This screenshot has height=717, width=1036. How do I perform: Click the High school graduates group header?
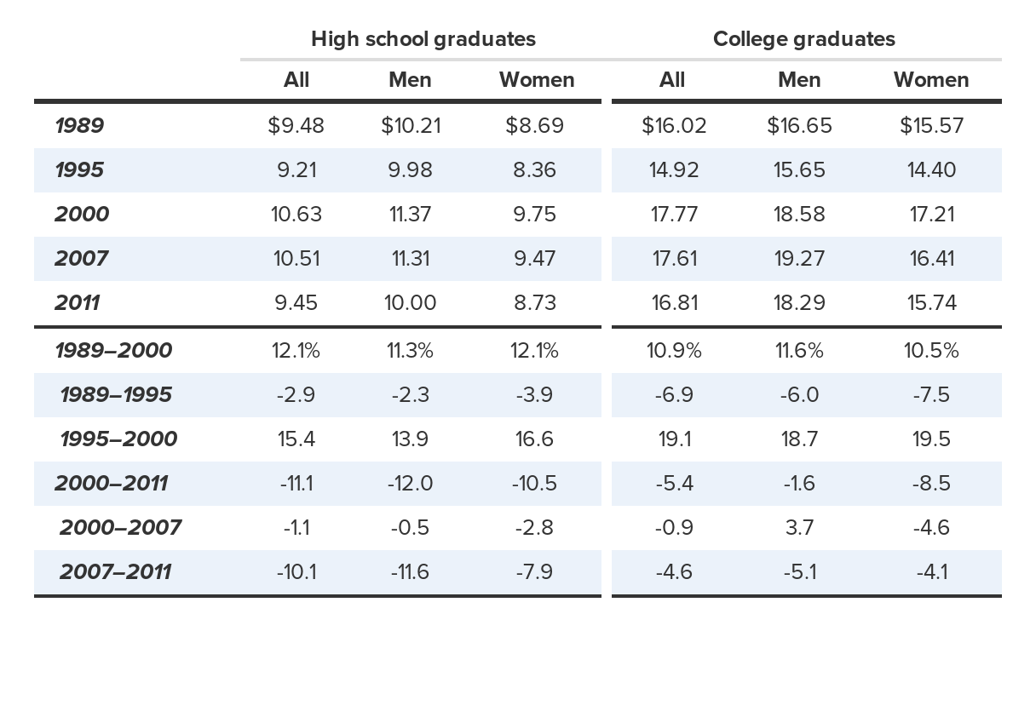point(423,39)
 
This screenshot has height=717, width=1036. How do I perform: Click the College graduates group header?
point(803,39)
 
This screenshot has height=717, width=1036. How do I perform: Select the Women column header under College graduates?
point(930,80)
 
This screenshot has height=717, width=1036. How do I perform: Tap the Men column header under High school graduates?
point(410,80)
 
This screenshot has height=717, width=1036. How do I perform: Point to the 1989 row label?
point(79,126)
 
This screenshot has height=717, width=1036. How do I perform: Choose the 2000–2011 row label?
point(111,484)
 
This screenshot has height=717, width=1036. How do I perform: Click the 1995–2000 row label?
point(118,439)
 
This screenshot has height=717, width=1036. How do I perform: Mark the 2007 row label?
point(81,259)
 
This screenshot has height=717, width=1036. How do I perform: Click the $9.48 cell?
point(296,126)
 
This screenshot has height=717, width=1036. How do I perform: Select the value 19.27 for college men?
point(799,259)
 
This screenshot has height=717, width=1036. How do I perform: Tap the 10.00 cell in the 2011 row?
point(410,303)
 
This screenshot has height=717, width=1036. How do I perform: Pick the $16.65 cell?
point(799,126)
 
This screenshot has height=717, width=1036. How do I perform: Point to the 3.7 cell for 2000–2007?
point(799,528)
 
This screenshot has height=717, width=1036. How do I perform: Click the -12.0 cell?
point(410,484)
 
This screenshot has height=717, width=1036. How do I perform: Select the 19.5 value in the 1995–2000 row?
point(930,439)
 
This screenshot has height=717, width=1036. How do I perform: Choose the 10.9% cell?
point(673,351)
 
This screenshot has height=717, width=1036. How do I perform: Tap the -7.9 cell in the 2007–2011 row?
point(534,572)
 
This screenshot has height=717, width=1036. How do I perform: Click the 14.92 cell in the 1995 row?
point(673,170)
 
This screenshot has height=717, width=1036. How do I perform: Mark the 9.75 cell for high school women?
point(534,215)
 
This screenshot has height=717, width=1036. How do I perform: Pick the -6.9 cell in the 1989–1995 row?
point(673,395)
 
